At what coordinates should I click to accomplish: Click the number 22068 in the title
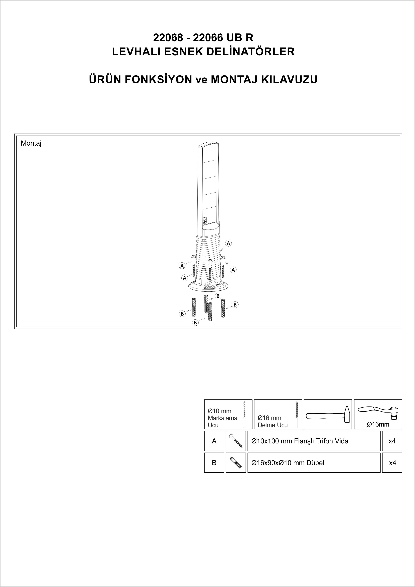click(168, 38)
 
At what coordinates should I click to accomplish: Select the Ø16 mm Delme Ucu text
click(273, 421)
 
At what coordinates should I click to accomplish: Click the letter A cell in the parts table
click(214, 441)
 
